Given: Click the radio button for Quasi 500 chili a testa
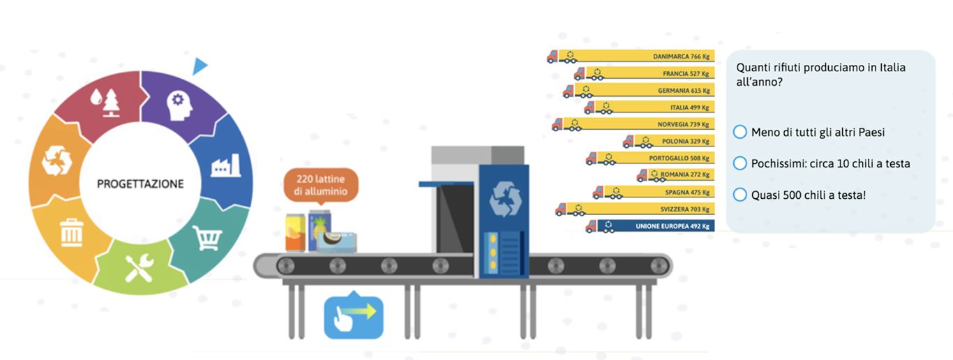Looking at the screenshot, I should tap(740, 195).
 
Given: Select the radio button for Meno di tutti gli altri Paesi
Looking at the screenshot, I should tap(740, 132).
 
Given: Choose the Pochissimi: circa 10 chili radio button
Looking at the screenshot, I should tap(740, 163).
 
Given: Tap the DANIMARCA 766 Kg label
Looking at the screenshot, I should tap(681, 57).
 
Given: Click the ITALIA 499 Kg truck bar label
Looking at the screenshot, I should tap(690, 107).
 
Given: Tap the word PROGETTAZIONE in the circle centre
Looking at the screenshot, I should tap(140, 184).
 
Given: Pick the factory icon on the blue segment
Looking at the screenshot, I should tap(225, 166).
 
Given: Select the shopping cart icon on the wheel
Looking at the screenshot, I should tap(207, 238).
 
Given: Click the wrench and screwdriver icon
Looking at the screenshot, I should tap(140, 269).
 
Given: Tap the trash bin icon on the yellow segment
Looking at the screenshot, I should tap(72, 232).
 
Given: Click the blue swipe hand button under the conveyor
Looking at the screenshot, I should tap(354, 317).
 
